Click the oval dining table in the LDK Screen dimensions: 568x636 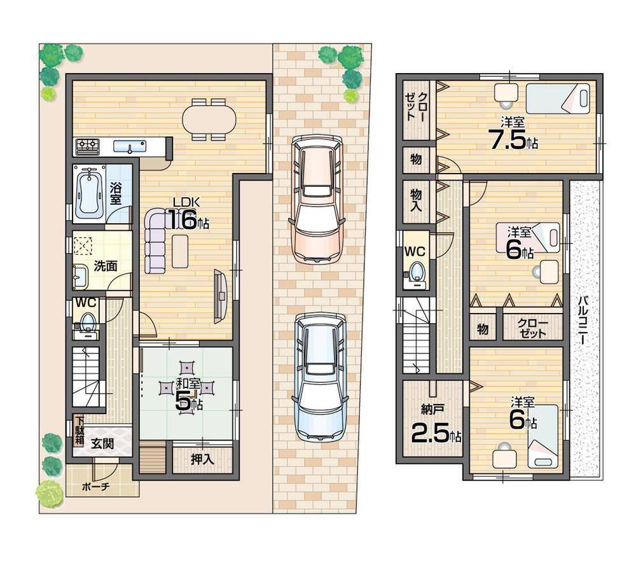point(209,118)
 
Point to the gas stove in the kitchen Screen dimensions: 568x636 point(87,146)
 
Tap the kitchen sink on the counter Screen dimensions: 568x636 point(130,146)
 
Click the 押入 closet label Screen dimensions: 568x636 point(202,459)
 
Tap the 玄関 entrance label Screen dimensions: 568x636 point(102,444)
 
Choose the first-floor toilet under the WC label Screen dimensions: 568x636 point(87,322)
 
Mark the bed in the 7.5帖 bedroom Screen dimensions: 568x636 point(558,99)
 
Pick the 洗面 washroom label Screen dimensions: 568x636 point(106,267)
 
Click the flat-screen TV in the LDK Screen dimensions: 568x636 point(220,294)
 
